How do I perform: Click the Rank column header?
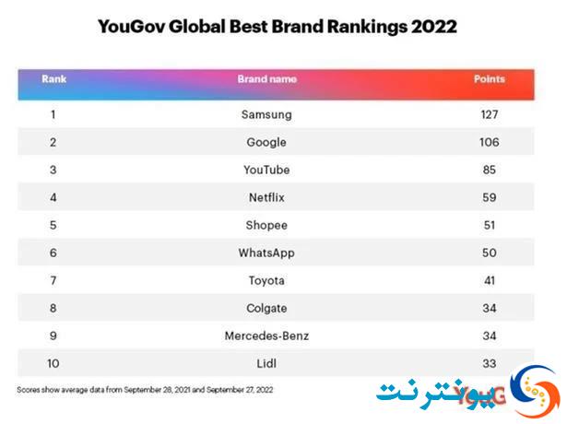point(53,78)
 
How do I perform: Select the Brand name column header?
point(266,78)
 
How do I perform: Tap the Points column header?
point(490,78)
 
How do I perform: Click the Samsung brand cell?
point(266,115)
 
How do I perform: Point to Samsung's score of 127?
point(490,114)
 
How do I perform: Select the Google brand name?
point(266,143)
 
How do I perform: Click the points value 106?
point(490,142)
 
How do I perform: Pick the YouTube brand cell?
point(266,170)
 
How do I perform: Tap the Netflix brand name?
point(266,197)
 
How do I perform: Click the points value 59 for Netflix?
point(490,197)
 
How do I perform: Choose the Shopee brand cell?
point(266,226)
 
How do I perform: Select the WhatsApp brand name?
point(266,253)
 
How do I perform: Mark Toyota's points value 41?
point(490,280)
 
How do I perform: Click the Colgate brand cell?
point(266,309)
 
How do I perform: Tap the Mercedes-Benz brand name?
point(266,336)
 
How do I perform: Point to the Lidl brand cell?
point(266,363)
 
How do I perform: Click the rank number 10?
point(53,363)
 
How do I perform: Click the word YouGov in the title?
point(131,27)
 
